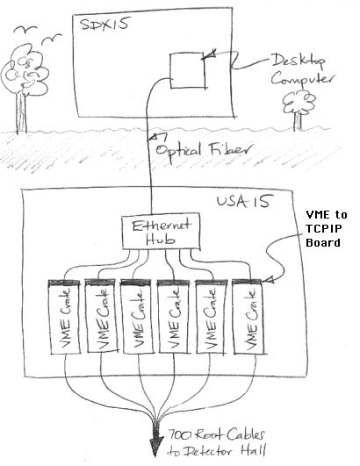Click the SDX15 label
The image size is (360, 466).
(104, 23)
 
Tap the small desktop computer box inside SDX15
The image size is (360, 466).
(188, 71)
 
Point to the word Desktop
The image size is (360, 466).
(299, 61)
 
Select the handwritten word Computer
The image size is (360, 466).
(301, 80)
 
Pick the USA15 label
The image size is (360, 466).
(244, 202)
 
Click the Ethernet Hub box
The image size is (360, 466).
(162, 231)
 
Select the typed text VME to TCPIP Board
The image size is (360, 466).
(327, 228)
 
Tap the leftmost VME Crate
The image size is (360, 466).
(65, 317)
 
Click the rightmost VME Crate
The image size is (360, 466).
(249, 317)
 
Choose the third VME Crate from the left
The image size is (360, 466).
(138, 317)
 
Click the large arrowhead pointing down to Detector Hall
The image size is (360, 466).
(155, 444)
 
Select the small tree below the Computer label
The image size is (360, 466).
(299, 111)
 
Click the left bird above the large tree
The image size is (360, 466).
(25, 29)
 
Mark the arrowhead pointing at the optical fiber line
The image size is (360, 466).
(158, 136)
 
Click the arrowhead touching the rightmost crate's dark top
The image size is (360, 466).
(268, 280)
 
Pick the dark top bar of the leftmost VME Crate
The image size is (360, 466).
(64, 282)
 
